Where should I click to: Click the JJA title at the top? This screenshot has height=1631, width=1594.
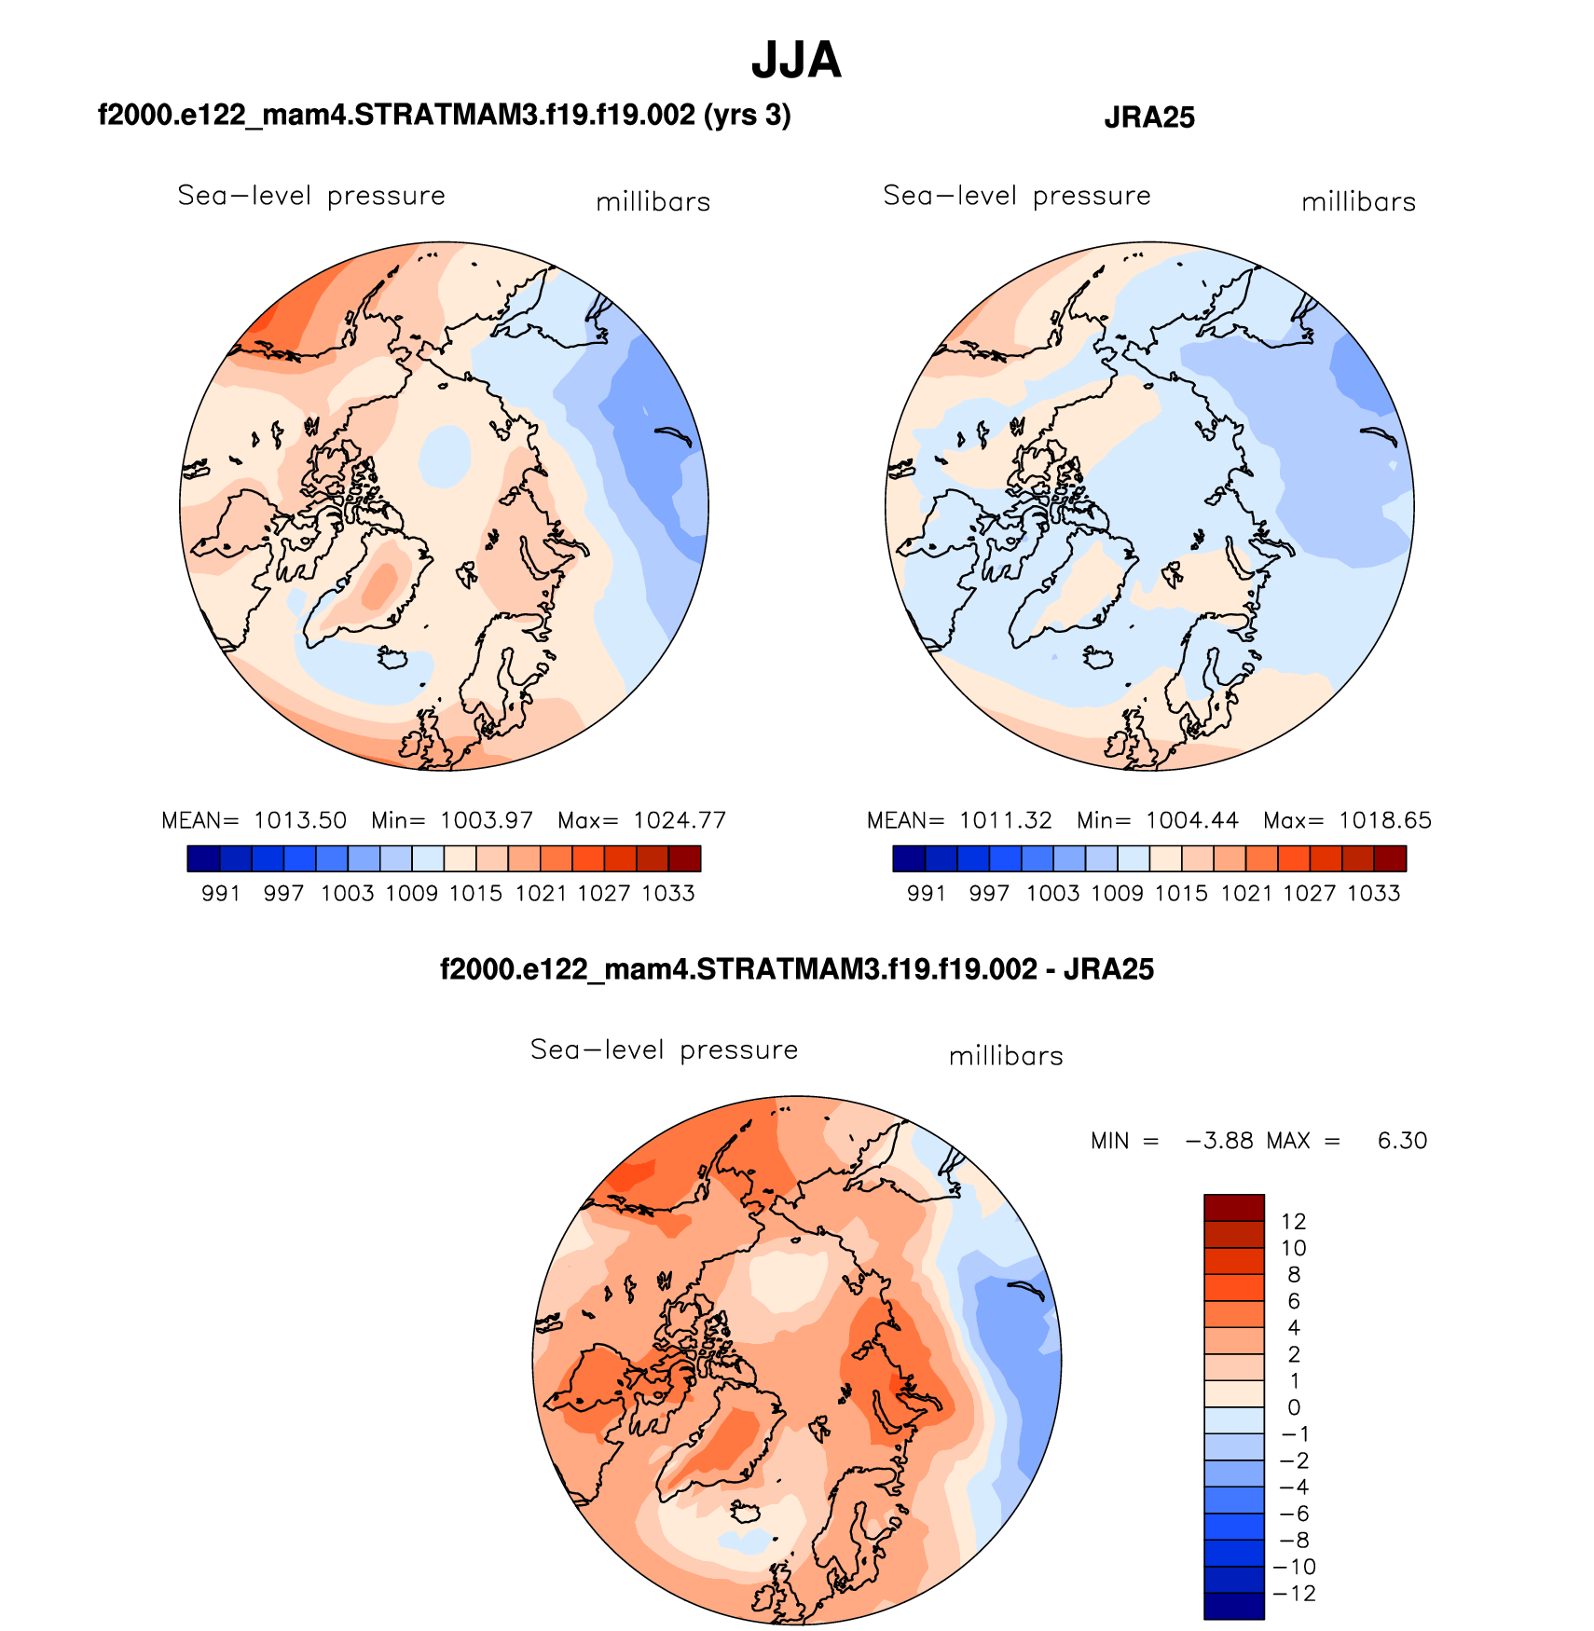[x=796, y=62]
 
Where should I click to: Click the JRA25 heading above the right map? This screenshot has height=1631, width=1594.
[x=1148, y=117]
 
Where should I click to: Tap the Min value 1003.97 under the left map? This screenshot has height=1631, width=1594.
[x=486, y=820]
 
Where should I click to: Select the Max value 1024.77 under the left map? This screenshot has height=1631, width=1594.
[x=679, y=820]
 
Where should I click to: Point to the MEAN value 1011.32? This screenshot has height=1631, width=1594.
[x=1005, y=820]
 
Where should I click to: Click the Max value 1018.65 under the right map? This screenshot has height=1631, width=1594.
[x=1384, y=820]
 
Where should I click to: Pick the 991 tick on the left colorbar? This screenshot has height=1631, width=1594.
[x=221, y=894]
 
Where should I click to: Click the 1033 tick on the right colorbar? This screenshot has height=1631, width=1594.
[x=1373, y=894]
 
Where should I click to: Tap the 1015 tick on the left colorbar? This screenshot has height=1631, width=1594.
[x=475, y=894]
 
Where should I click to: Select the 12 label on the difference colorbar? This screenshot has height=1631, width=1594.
[x=1293, y=1222]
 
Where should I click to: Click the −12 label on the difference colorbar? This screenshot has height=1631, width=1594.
[x=1295, y=1594]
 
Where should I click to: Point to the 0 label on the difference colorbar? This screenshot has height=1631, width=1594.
[x=1293, y=1407]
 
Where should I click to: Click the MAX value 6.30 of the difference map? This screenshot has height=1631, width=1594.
[x=1402, y=1141]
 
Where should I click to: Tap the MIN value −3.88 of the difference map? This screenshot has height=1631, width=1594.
[x=1218, y=1141]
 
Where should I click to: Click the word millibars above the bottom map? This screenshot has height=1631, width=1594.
[x=1006, y=1056]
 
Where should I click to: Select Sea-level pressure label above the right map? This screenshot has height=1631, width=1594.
[x=1016, y=196]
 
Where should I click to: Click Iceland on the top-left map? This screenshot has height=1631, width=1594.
[x=392, y=658]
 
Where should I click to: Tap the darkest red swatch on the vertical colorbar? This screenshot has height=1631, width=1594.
[x=1233, y=1208]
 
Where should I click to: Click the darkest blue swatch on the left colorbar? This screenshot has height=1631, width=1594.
[x=203, y=858]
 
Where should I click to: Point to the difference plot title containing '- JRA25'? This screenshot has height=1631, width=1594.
[x=796, y=969]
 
